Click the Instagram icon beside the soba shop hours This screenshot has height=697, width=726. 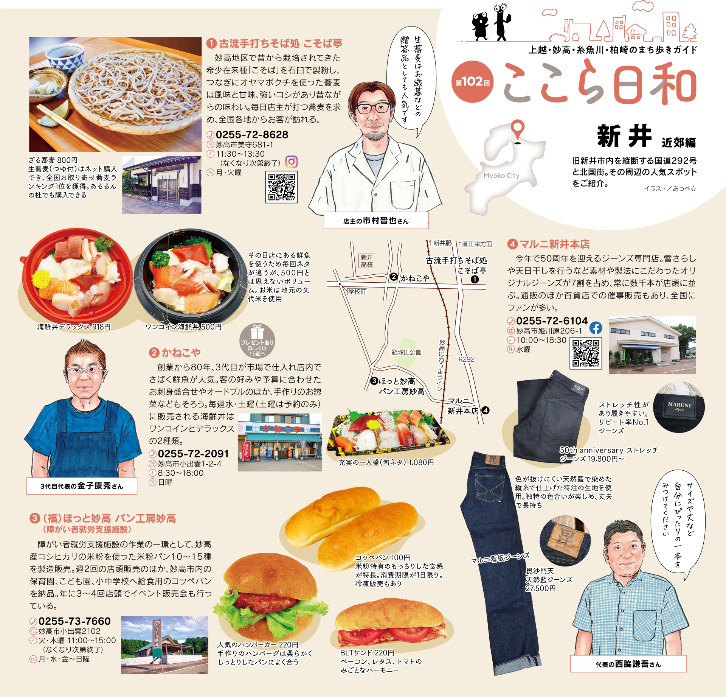click(x=291, y=162)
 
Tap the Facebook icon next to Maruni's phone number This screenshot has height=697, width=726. click(x=596, y=328)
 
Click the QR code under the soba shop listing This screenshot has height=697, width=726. click(x=282, y=187)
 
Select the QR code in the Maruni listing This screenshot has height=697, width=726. click(x=586, y=353)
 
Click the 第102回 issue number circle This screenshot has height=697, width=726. click(x=473, y=82)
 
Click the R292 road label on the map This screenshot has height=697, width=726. click(x=466, y=359)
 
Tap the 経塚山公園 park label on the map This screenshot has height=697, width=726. click(x=406, y=352)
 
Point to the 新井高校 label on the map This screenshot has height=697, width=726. click(x=367, y=261)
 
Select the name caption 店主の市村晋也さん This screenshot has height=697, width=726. click(x=376, y=221)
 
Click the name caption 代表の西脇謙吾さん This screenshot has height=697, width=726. click(x=628, y=664)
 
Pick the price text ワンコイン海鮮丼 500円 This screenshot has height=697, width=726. click(x=183, y=327)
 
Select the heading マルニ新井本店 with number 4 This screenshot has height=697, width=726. click(x=549, y=244)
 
